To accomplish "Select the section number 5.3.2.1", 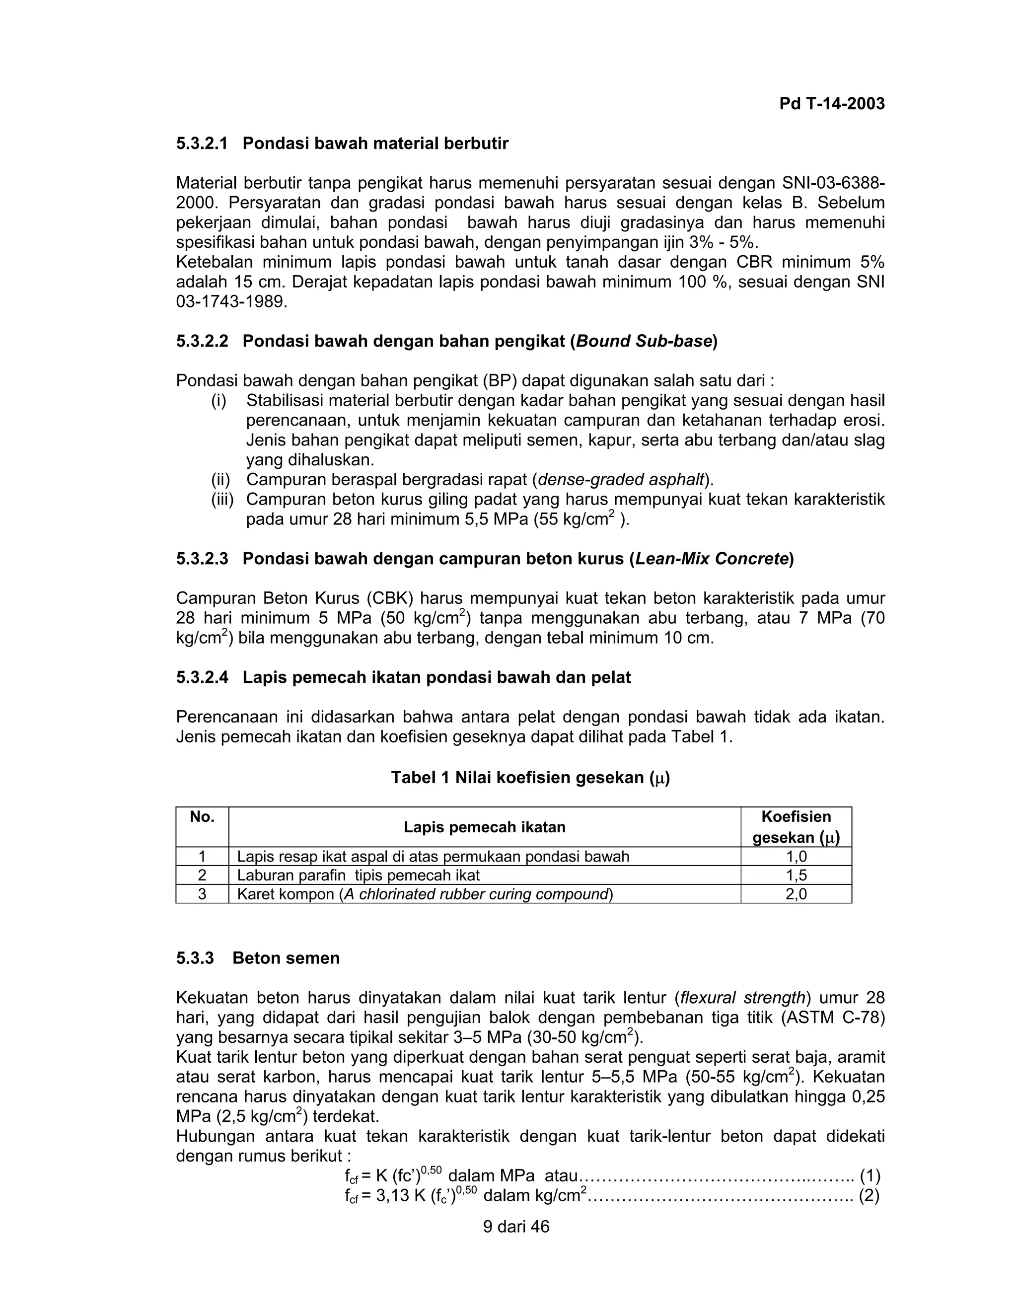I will tap(203, 144).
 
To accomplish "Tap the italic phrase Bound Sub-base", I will tap(644, 342).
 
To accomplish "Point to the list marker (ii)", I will tap(221, 480).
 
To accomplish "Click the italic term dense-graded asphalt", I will tap(621, 480).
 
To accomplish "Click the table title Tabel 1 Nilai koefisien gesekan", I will tap(530, 777).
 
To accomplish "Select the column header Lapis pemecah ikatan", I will tap(484, 827).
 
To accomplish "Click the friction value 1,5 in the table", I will tap(796, 875).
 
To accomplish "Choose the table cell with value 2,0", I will tap(796, 893).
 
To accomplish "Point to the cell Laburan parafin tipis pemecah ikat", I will tap(359, 875).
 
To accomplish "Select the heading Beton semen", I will tap(286, 958).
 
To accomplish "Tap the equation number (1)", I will tap(870, 1175).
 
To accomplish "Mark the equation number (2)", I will tap(870, 1195).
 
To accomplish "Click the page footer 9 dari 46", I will tap(516, 1227).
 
